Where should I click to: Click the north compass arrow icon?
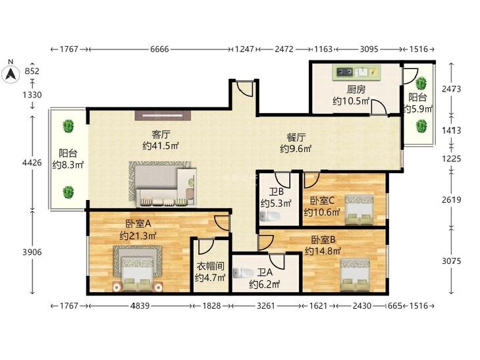pyautogui.click(x=11, y=74)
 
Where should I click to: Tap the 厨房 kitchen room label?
pyautogui.click(x=356, y=90)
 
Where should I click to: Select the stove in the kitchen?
pyautogui.click(x=345, y=72)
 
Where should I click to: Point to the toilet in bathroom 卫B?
pyautogui.click(x=270, y=216)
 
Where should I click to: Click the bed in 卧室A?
pyautogui.click(x=138, y=269)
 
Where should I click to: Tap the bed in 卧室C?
pyautogui.click(x=359, y=209)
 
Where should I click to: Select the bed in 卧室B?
pyautogui.click(x=355, y=275)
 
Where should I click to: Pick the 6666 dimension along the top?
pyautogui.click(x=159, y=49)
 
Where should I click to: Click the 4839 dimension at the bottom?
pyautogui.click(x=140, y=305)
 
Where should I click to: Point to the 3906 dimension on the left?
pyautogui.click(x=32, y=252)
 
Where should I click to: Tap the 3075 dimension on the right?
pyautogui.click(x=451, y=261)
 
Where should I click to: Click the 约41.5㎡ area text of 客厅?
pyautogui.click(x=161, y=146)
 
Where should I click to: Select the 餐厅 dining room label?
pyautogui.click(x=296, y=137)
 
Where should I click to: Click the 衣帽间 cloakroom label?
pyautogui.click(x=210, y=266)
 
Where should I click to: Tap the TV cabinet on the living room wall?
pyautogui.click(x=163, y=115)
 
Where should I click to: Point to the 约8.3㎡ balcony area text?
pyautogui.click(x=68, y=165)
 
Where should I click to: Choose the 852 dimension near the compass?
pyautogui.click(x=32, y=71)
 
